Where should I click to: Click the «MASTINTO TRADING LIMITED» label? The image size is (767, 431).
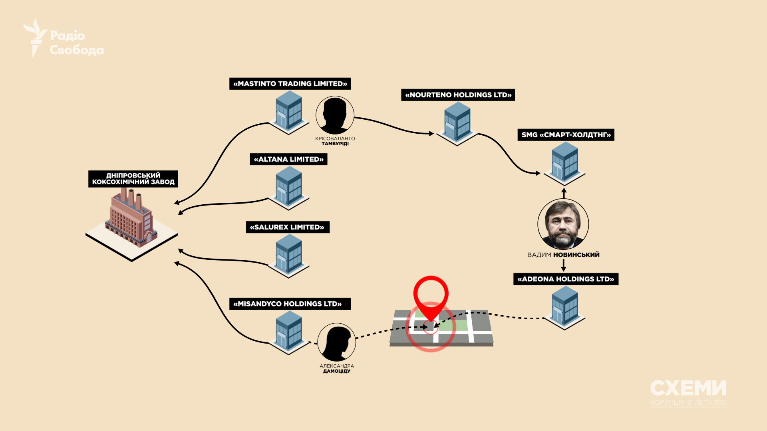click(x=290, y=84)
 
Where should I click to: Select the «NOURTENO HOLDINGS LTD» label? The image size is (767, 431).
click(x=458, y=95)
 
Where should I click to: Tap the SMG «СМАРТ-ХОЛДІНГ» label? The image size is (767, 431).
click(x=566, y=135)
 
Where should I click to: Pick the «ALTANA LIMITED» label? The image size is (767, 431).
click(x=288, y=159)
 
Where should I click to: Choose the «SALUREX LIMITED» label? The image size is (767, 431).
click(x=288, y=227)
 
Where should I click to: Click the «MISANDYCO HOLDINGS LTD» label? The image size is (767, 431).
click(x=290, y=304)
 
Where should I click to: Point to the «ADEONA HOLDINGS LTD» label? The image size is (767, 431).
click(x=566, y=279)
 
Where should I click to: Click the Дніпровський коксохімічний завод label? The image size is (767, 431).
click(x=133, y=179)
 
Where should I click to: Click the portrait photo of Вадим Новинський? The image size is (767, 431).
click(x=563, y=224)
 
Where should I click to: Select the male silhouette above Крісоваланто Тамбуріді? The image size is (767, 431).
click(x=335, y=115)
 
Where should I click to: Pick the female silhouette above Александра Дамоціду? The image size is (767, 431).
click(x=337, y=342)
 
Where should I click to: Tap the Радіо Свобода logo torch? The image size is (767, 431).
click(x=36, y=38)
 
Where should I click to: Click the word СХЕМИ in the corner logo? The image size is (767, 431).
click(x=688, y=388)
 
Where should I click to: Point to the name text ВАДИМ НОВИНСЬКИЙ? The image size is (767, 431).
click(x=563, y=255)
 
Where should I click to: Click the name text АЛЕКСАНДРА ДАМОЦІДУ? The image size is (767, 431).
click(x=337, y=368)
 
